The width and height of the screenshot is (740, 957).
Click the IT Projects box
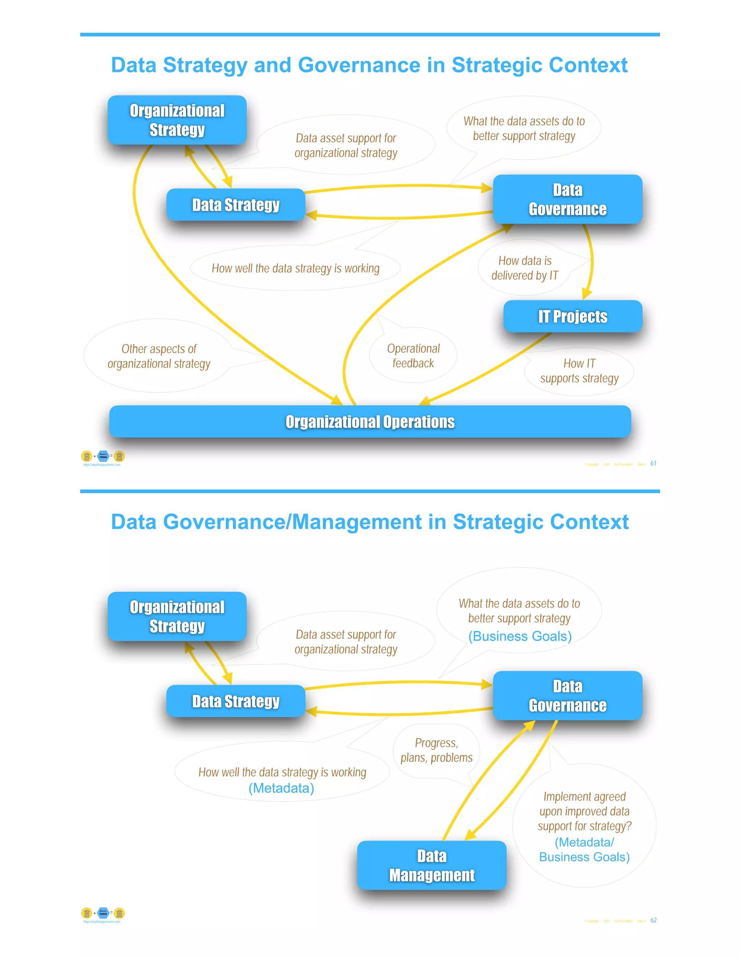(x=573, y=316)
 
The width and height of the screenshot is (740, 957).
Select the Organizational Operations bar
(x=370, y=421)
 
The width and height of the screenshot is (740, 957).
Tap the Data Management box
(x=431, y=865)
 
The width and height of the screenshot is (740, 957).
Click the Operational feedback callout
(x=413, y=356)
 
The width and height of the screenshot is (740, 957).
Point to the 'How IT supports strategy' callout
(x=579, y=371)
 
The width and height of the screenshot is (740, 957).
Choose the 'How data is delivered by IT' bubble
(x=524, y=268)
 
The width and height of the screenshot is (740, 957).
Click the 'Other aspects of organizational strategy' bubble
(x=159, y=356)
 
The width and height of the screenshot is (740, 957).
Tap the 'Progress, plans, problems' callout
(x=436, y=750)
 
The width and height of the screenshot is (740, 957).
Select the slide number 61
(x=653, y=463)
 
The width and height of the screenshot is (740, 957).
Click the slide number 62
(x=653, y=920)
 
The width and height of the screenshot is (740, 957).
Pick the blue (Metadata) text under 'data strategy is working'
(x=281, y=788)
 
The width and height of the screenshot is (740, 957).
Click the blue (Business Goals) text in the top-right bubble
(x=520, y=636)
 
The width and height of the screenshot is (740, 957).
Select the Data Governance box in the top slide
(x=567, y=199)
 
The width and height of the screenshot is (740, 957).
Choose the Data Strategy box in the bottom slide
(x=236, y=701)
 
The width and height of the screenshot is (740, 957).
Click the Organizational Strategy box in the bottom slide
(x=177, y=616)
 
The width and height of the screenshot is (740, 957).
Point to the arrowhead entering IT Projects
(x=586, y=294)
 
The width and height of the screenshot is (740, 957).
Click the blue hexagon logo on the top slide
(x=103, y=456)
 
